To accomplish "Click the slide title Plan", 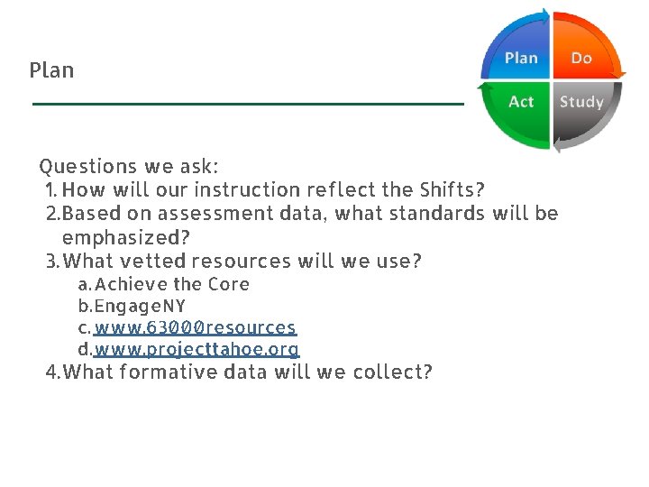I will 51,70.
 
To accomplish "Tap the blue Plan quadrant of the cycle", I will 518,57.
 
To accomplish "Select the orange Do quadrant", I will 583,56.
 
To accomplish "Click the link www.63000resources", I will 195,326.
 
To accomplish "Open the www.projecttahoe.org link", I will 197,348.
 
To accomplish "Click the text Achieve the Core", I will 172,284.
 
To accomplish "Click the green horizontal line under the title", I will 248,105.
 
